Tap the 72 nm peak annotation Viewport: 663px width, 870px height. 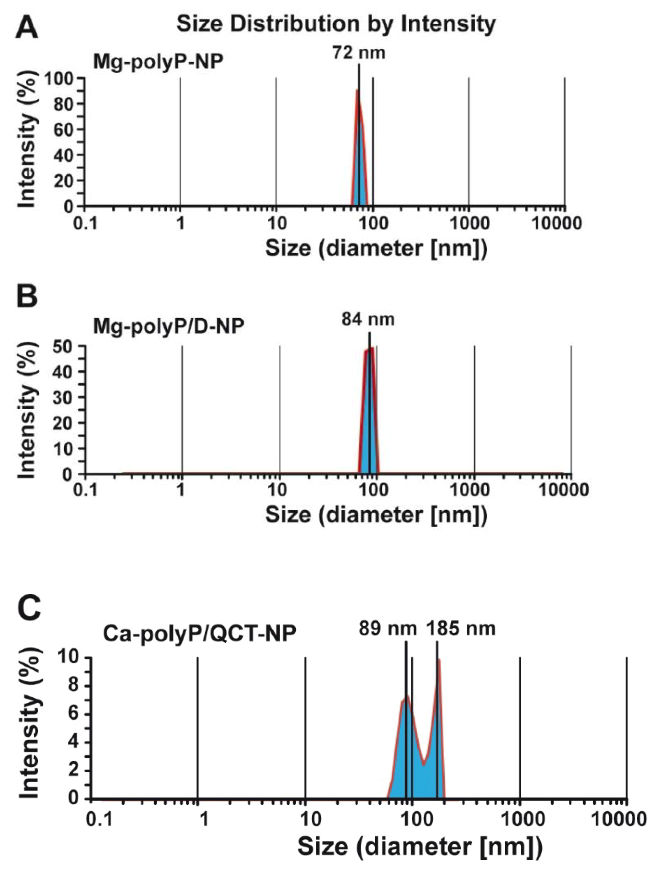click(358, 52)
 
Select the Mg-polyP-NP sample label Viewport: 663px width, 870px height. click(158, 62)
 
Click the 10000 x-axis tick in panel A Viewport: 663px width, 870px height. click(556, 224)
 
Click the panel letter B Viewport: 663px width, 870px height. click(27, 296)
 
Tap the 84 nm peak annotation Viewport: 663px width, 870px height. click(368, 319)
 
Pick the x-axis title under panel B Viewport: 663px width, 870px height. click(376, 515)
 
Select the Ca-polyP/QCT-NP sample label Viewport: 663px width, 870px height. click(199, 634)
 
